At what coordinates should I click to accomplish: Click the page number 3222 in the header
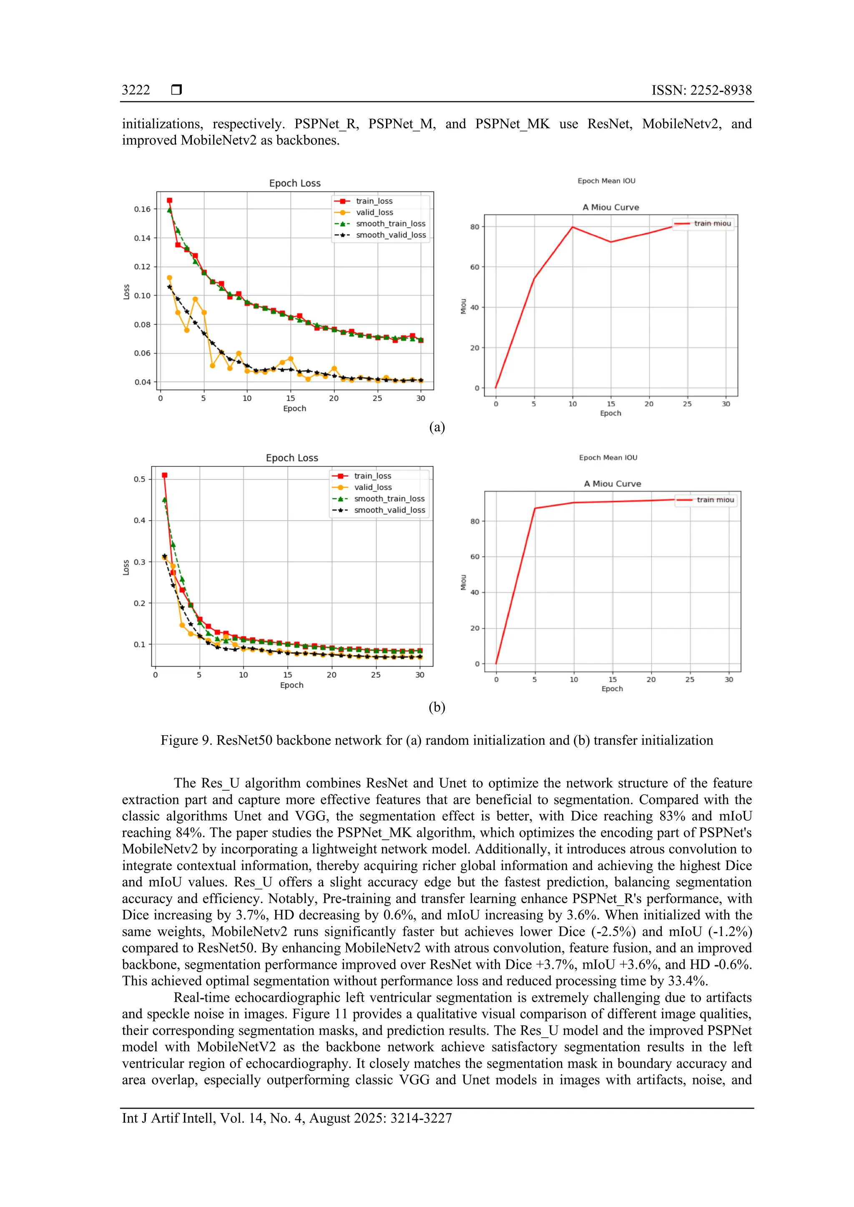136,90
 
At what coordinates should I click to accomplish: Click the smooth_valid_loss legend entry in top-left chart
391,235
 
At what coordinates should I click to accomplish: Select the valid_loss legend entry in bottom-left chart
372,487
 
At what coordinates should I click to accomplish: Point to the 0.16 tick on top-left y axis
142,209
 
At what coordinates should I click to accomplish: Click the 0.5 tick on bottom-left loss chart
139,479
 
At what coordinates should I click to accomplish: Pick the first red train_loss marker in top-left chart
169,200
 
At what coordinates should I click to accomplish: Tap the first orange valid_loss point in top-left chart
169,278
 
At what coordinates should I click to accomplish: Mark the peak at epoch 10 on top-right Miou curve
572,227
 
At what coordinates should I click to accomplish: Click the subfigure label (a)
437,427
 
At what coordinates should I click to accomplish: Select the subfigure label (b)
437,707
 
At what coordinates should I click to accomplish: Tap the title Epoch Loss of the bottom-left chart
292,458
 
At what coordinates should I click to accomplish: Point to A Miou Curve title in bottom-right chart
612,483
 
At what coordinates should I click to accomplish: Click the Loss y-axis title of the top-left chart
126,292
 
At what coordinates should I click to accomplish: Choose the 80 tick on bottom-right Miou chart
475,521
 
